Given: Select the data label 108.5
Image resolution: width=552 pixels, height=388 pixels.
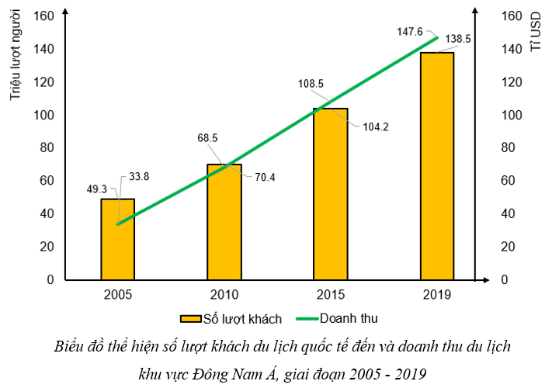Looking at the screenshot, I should (311, 83).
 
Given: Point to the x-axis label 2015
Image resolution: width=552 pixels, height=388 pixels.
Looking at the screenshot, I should (331, 295).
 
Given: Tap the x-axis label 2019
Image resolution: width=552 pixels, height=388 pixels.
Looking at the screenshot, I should (437, 295).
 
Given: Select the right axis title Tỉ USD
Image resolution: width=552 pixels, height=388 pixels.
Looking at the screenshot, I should (535, 36).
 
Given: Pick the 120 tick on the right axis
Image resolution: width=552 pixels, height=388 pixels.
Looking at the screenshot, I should (513, 82).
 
